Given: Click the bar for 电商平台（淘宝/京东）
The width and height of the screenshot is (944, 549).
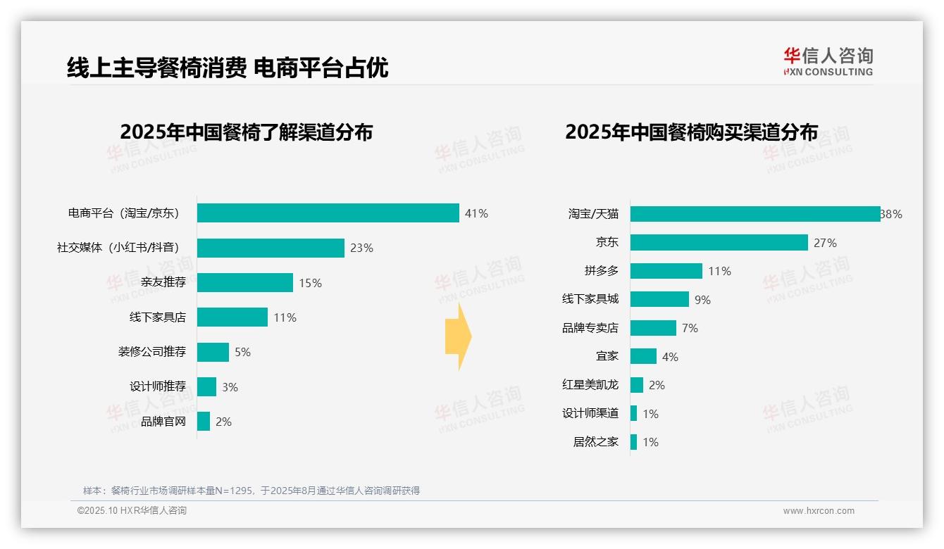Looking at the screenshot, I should coord(328,213).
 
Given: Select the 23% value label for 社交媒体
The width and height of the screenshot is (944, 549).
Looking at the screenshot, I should coord(361,248).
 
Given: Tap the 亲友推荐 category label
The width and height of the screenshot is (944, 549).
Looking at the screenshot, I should coord(163,283).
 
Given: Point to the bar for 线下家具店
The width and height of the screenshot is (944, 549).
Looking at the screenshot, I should coord(232,317).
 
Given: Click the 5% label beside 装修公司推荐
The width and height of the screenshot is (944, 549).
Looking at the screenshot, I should coord(242,352).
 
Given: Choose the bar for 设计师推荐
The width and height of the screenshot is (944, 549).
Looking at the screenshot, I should coord(206,387).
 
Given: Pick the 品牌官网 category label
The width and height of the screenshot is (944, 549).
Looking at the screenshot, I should coord(163,422).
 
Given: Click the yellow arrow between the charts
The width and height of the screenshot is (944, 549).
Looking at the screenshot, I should coord(458,337).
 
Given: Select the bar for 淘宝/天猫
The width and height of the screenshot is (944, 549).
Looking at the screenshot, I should coord(754,214).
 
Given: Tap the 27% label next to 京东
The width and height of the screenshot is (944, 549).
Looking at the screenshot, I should coord(825,243).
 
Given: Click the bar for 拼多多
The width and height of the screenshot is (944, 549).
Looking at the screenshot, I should coord(666,271).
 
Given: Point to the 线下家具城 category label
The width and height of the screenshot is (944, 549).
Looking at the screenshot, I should coord(590,299).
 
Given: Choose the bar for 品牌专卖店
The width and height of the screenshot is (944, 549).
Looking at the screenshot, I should coord(653,328).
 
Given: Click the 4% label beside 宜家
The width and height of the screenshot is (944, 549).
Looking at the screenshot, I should coord(670,357).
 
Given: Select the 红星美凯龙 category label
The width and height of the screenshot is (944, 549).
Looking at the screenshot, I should coord(590,385).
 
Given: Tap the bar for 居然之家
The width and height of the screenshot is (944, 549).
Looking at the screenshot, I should coord(633,442).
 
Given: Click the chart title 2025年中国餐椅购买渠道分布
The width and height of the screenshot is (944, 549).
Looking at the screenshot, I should coord(691,132).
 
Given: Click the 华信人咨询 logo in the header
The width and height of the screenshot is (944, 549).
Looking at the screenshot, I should coord(828,61).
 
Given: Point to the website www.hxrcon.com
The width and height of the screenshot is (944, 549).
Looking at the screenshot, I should coord(819,511).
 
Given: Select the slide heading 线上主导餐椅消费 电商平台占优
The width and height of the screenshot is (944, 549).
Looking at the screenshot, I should coord(228,68).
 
